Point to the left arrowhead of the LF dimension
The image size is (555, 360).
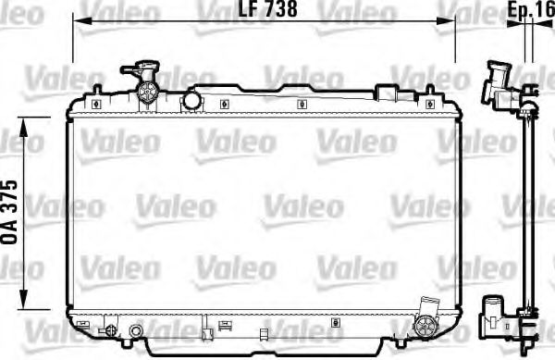click(x=77, y=20)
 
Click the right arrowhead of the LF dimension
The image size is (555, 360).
click(x=450, y=20)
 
